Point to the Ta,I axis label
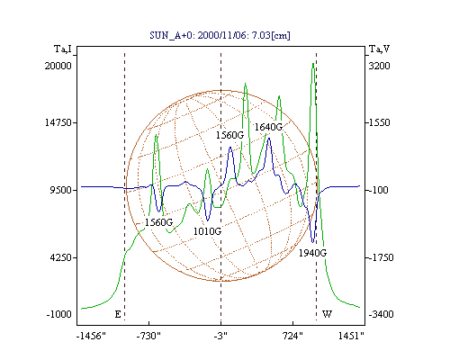(x=63, y=49)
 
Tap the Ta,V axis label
(x=379, y=49)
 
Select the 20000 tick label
(x=58, y=66)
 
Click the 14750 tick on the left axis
(x=58, y=122)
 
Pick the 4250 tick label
(x=60, y=257)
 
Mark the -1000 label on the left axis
(x=59, y=314)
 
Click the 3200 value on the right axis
(x=379, y=66)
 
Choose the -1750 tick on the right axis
(x=381, y=257)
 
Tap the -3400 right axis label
(x=381, y=314)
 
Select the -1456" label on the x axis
(x=91, y=336)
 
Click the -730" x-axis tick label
(x=148, y=336)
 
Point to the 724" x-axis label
(x=292, y=336)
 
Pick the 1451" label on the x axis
(x=351, y=336)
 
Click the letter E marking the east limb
(x=118, y=314)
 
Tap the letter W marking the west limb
(x=327, y=314)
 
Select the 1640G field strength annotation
(x=268, y=127)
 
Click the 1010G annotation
(x=207, y=231)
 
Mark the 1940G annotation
(x=312, y=253)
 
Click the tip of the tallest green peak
(x=313, y=63)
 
